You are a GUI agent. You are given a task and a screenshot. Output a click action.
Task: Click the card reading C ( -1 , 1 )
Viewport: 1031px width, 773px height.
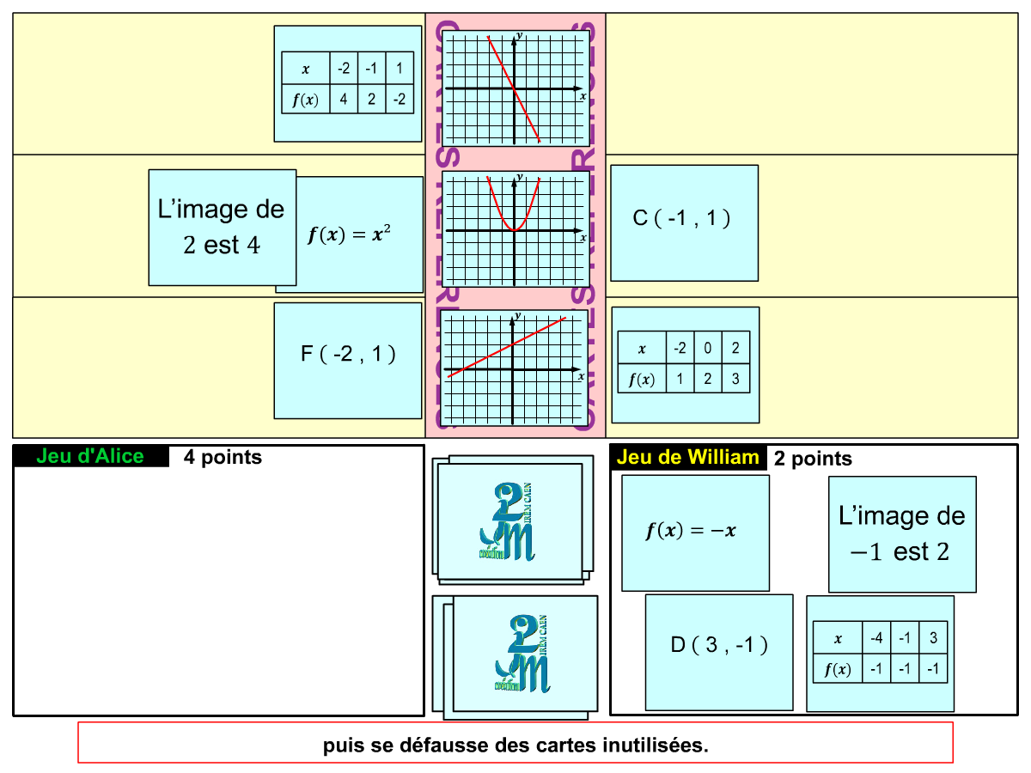684,222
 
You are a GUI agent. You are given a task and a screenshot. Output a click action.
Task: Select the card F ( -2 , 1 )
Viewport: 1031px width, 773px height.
348,360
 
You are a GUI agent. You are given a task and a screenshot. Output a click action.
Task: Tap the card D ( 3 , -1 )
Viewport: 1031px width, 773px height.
719,652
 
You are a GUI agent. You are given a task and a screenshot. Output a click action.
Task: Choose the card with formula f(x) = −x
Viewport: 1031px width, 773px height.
695,533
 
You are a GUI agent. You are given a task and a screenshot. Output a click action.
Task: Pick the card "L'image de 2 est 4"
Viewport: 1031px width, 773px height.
222,228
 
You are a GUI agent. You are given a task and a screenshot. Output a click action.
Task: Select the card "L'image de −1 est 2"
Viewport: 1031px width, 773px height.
902,534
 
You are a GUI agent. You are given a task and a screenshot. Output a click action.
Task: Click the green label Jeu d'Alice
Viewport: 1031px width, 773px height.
90,456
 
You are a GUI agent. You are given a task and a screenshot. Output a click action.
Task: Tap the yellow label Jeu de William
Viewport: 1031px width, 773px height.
688,457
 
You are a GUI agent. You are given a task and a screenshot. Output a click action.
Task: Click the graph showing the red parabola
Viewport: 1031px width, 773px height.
515,229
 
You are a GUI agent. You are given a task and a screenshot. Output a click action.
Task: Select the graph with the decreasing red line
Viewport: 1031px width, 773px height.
515,88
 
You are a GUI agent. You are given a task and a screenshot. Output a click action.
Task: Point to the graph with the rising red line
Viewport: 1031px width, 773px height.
514,368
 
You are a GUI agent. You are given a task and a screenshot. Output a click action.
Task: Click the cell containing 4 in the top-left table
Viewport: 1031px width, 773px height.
344,100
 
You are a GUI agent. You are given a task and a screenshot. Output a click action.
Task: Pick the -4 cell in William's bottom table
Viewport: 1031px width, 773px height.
876,638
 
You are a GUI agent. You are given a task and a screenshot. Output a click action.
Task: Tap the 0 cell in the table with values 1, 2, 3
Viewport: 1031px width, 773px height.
708,349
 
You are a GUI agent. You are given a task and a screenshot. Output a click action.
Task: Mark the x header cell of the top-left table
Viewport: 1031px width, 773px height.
305,69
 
